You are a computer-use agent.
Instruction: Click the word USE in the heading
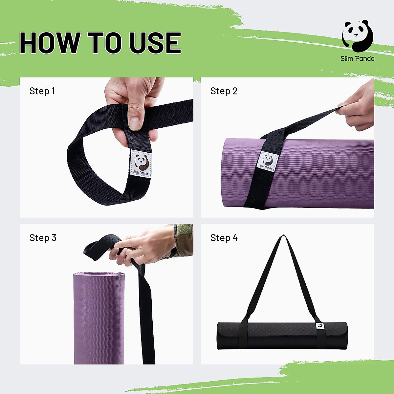(155, 43)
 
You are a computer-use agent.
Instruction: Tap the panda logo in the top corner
(357, 36)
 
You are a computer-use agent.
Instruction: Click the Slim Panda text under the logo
(357, 59)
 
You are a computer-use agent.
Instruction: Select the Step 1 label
(42, 91)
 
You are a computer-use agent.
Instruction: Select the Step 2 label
(224, 91)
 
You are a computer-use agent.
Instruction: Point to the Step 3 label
(43, 238)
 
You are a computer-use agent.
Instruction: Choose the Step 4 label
(224, 238)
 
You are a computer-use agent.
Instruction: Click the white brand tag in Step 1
(141, 163)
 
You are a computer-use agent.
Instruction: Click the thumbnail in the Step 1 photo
(135, 122)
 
